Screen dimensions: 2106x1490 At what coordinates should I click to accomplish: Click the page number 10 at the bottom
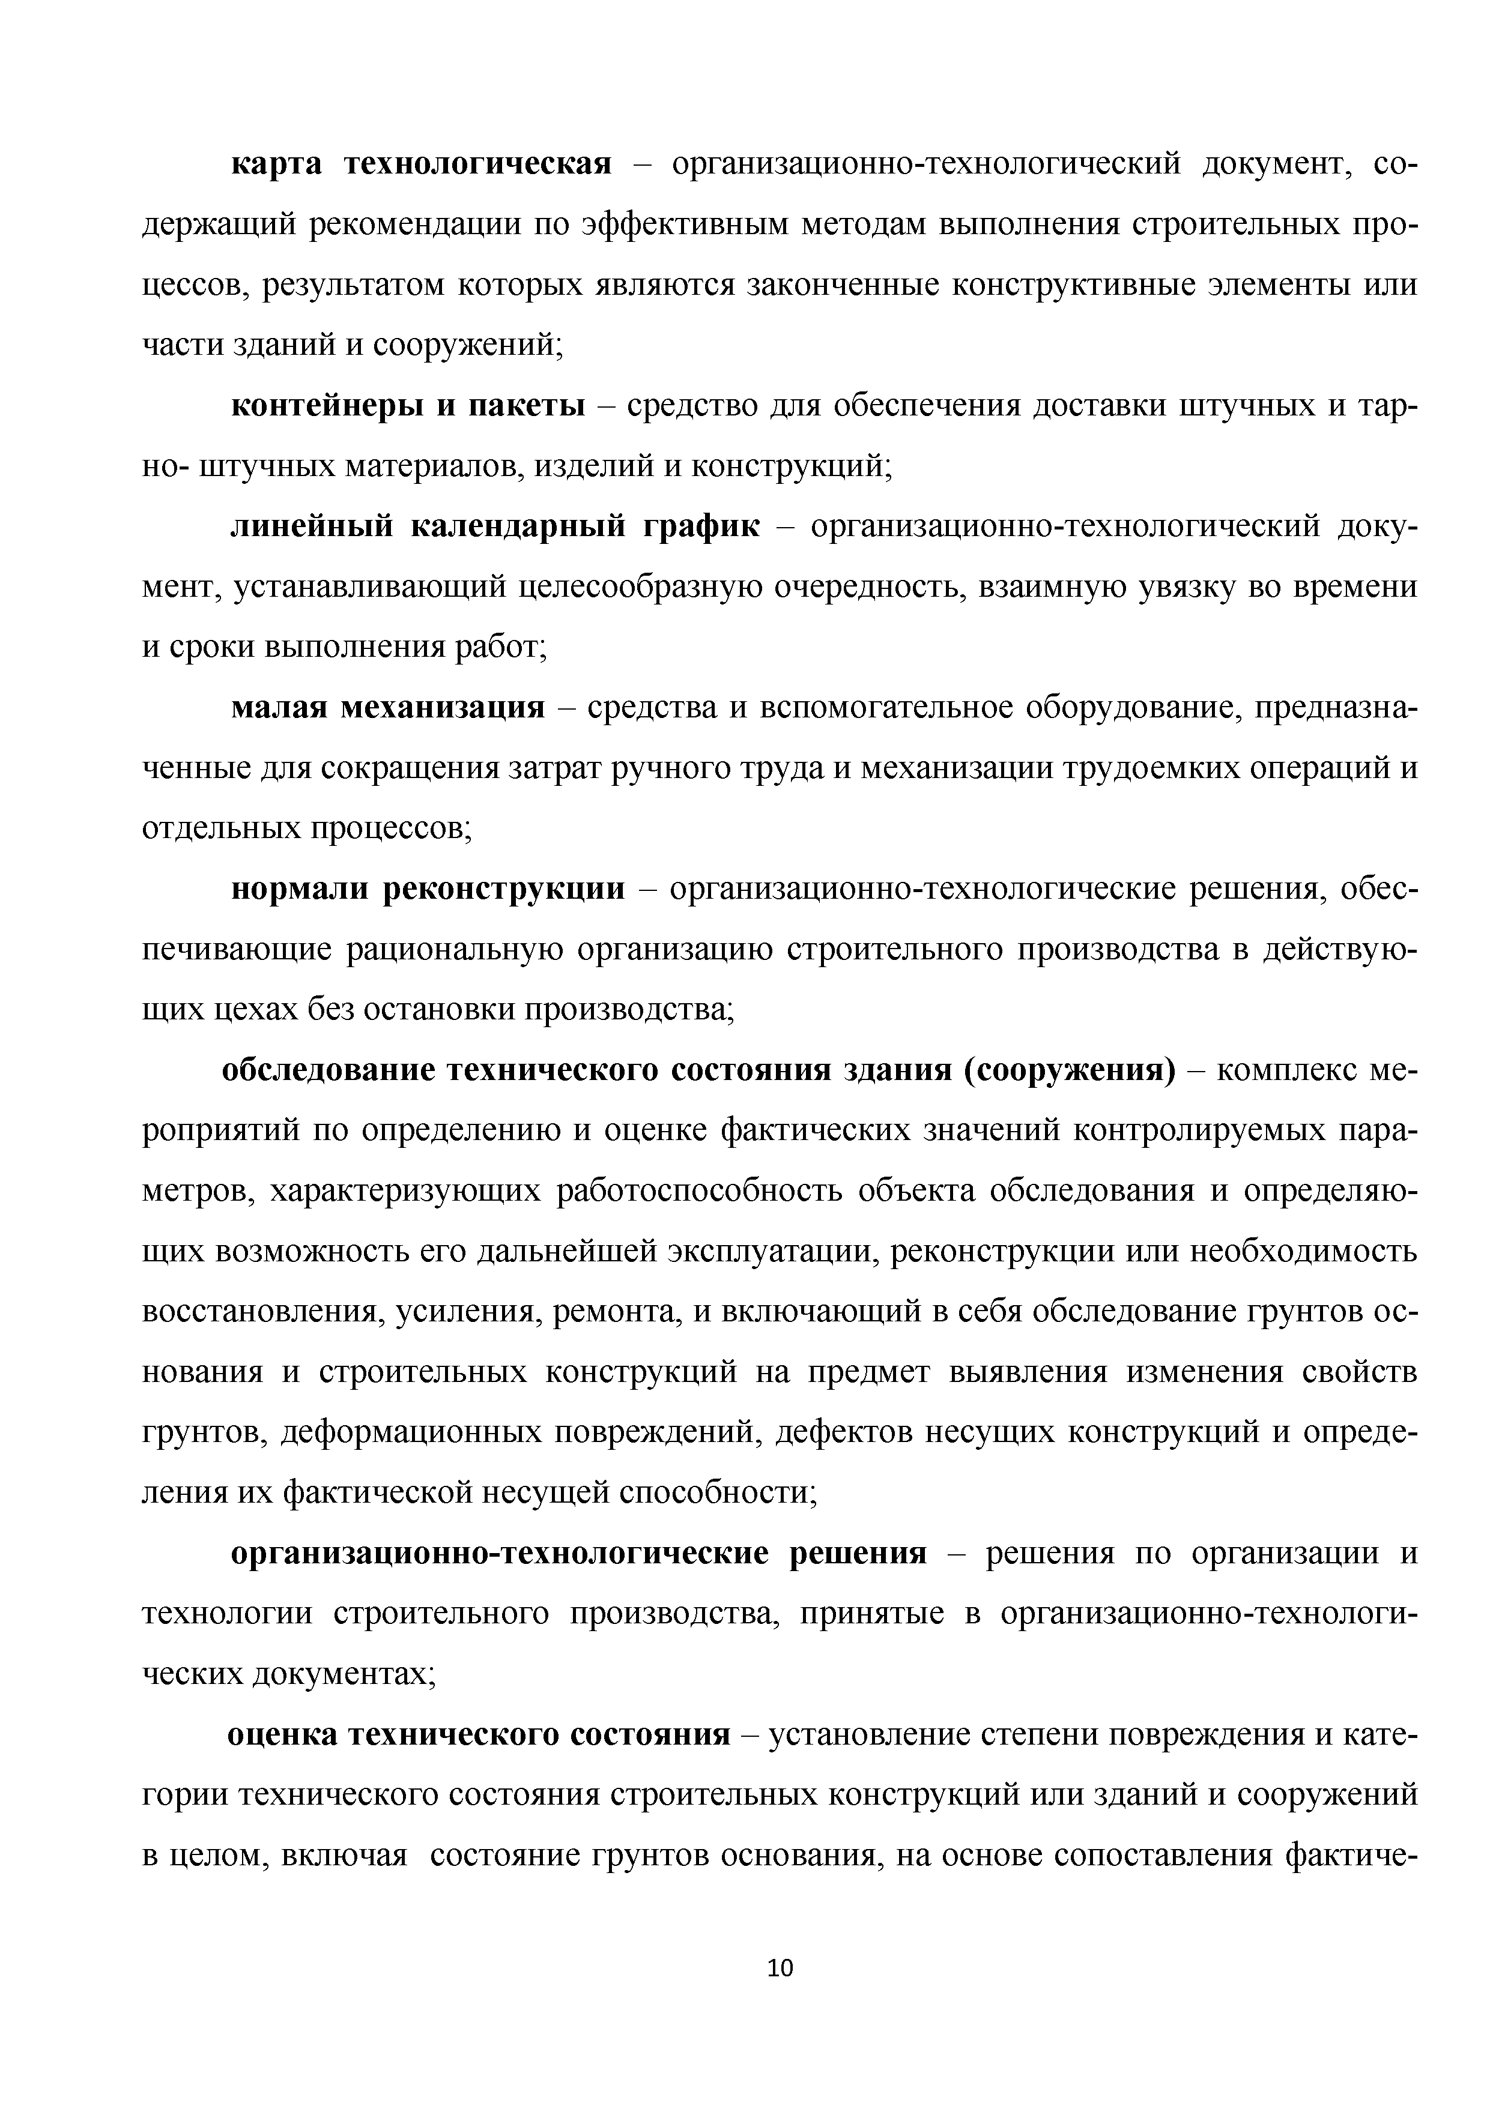(781, 1967)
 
